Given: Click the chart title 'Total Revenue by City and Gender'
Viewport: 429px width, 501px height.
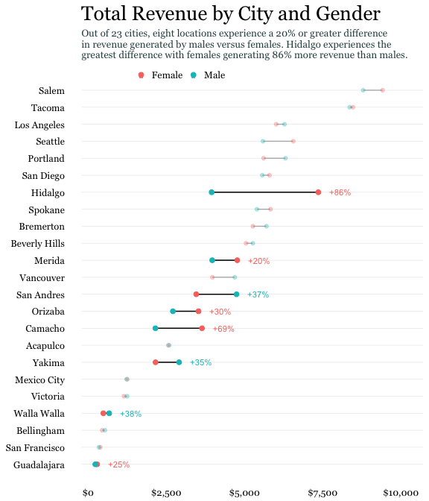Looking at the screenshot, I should pos(230,14).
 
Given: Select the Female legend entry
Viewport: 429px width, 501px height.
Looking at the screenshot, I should pos(161,75).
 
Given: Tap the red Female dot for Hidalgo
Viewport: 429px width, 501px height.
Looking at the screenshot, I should pos(318,192).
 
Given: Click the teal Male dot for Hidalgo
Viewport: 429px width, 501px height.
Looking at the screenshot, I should pos(212,192).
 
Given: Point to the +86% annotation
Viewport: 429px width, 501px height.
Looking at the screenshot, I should pos(340,192).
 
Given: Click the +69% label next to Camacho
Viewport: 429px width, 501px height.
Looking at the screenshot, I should pos(223,329).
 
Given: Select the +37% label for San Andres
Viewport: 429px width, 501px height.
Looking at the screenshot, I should pos(258,294).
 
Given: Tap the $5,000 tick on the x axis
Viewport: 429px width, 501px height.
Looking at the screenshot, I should pos(244,493).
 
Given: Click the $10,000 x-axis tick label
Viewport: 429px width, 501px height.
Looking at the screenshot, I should pos(401,493).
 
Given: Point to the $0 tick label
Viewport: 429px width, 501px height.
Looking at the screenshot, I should pos(88,493).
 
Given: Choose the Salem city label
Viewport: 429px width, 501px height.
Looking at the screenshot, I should pos(51,91).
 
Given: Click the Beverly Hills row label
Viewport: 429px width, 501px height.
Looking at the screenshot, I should pos(37,244).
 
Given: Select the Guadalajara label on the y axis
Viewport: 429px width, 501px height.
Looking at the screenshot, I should pos(39,465).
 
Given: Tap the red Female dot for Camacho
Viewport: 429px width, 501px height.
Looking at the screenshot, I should pos(202,328).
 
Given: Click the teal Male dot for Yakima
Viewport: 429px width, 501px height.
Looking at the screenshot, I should pos(179,362).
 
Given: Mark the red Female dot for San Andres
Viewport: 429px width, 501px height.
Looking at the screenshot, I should pos(196,294).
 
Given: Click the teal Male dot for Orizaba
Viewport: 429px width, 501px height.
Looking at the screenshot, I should pos(173,312).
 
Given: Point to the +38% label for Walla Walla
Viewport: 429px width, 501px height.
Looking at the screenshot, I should pos(130,414).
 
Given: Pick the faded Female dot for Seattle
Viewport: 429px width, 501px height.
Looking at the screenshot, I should pos(293,141).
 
